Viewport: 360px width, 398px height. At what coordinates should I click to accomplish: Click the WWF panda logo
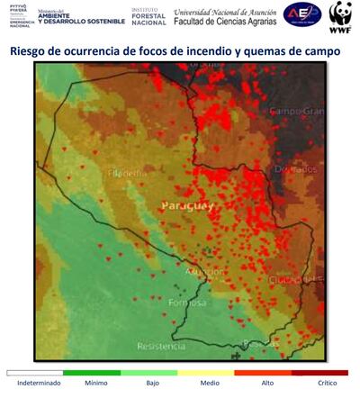[x=340, y=14]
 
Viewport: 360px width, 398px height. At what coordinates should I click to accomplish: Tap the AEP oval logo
[x=302, y=15]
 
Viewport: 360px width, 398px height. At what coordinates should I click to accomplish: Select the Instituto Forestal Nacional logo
[x=148, y=15]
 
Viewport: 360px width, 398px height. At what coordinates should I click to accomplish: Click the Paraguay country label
[x=187, y=206]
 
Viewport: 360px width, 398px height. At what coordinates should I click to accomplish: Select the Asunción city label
[x=205, y=271]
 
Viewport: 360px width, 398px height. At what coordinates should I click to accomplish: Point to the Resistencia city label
[x=161, y=346]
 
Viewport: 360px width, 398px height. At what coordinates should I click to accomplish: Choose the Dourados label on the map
[x=297, y=168]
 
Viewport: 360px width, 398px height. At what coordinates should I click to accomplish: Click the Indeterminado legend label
[x=35, y=384]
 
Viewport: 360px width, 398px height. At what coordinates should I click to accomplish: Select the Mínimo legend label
[x=95, y=384]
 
